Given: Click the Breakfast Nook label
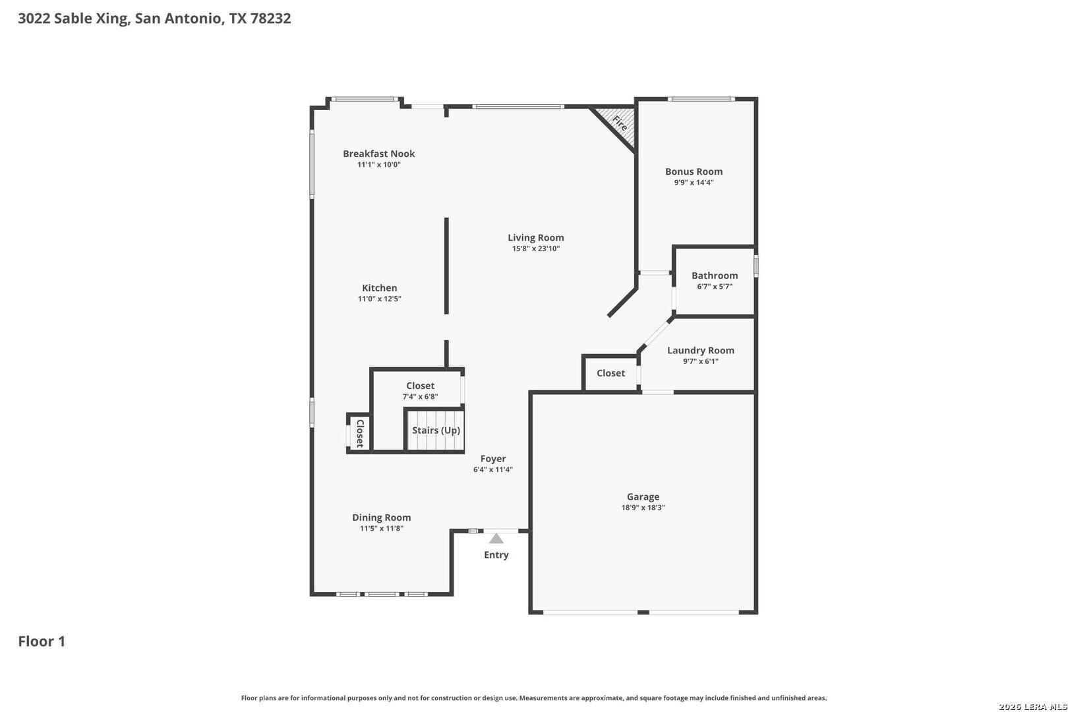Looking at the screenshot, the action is (378, 154).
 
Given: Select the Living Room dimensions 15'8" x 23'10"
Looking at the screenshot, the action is (535, 249).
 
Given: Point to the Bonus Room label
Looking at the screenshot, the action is (694, 171).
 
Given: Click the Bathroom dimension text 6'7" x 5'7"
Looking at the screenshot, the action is (714, 287).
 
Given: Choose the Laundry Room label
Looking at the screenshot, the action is (700, 351).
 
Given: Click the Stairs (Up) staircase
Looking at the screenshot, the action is (435, 430).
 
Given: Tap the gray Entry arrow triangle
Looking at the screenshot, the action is (496, 539).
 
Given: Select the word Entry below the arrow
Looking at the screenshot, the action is (496, 555).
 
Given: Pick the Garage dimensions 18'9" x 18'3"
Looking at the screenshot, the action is (643, 508).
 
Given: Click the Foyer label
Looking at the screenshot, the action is (493, 459).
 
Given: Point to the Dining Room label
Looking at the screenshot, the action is (382, 518).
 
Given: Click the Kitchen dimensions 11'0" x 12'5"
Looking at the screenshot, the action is (380, 299).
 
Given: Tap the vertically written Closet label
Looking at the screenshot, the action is (361, 434).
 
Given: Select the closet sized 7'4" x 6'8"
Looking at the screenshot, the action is (420, 390).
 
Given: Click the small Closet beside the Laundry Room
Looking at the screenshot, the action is (610, 373).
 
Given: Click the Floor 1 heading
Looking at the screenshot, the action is (42, 641).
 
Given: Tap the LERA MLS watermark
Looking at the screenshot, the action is (1032, 706).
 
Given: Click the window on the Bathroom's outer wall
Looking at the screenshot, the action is (756, 266).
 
